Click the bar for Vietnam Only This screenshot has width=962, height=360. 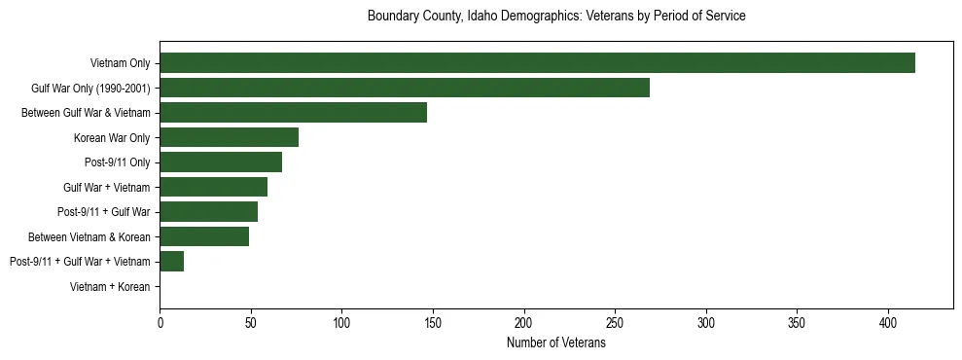pos(537,62)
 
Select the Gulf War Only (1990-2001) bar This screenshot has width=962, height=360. pos(405,88)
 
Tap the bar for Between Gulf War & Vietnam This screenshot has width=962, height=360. pos(293,113)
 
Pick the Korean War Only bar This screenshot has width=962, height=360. pos(229,137)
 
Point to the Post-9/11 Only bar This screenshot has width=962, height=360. pos(221,162)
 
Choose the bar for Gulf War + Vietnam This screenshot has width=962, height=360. pos(213,188)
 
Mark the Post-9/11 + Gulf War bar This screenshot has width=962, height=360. pos(208,212)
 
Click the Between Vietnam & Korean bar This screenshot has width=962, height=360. pos(204,236)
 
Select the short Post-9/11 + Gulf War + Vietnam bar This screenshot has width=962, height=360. pos(171,262)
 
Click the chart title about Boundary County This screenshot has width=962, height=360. pos(556,17)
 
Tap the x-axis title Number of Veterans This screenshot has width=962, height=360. pos(556,342)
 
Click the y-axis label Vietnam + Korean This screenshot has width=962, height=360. pos(110,287)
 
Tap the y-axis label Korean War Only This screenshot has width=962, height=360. pos(112,137)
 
